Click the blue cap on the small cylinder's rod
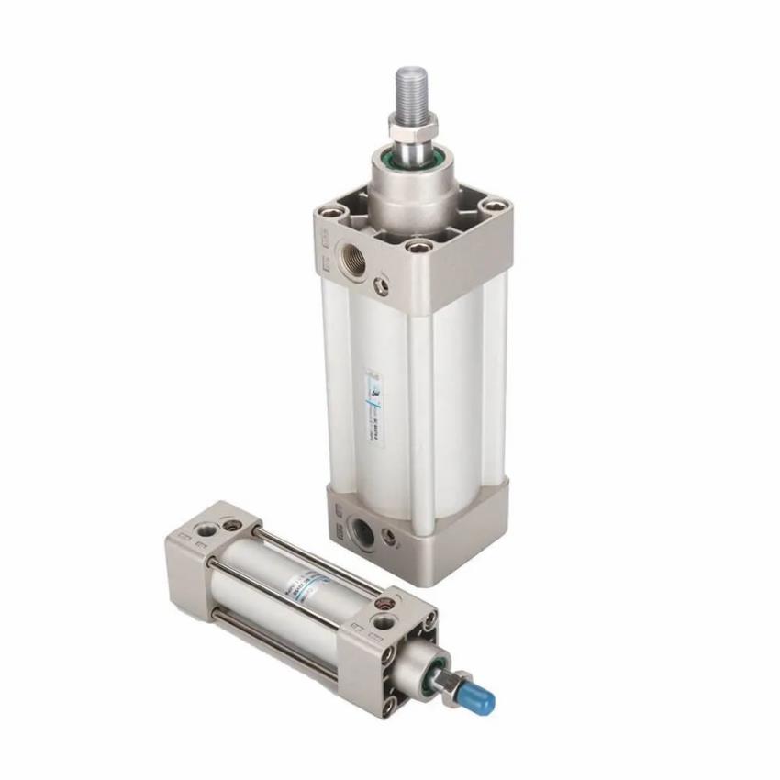pos(481,700)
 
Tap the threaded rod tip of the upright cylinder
pos(411,88)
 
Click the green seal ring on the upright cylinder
pos(414,164)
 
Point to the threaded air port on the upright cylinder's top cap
pos(352,259)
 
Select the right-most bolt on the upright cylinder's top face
pos(495,206)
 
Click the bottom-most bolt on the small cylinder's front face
pos(389,705)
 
